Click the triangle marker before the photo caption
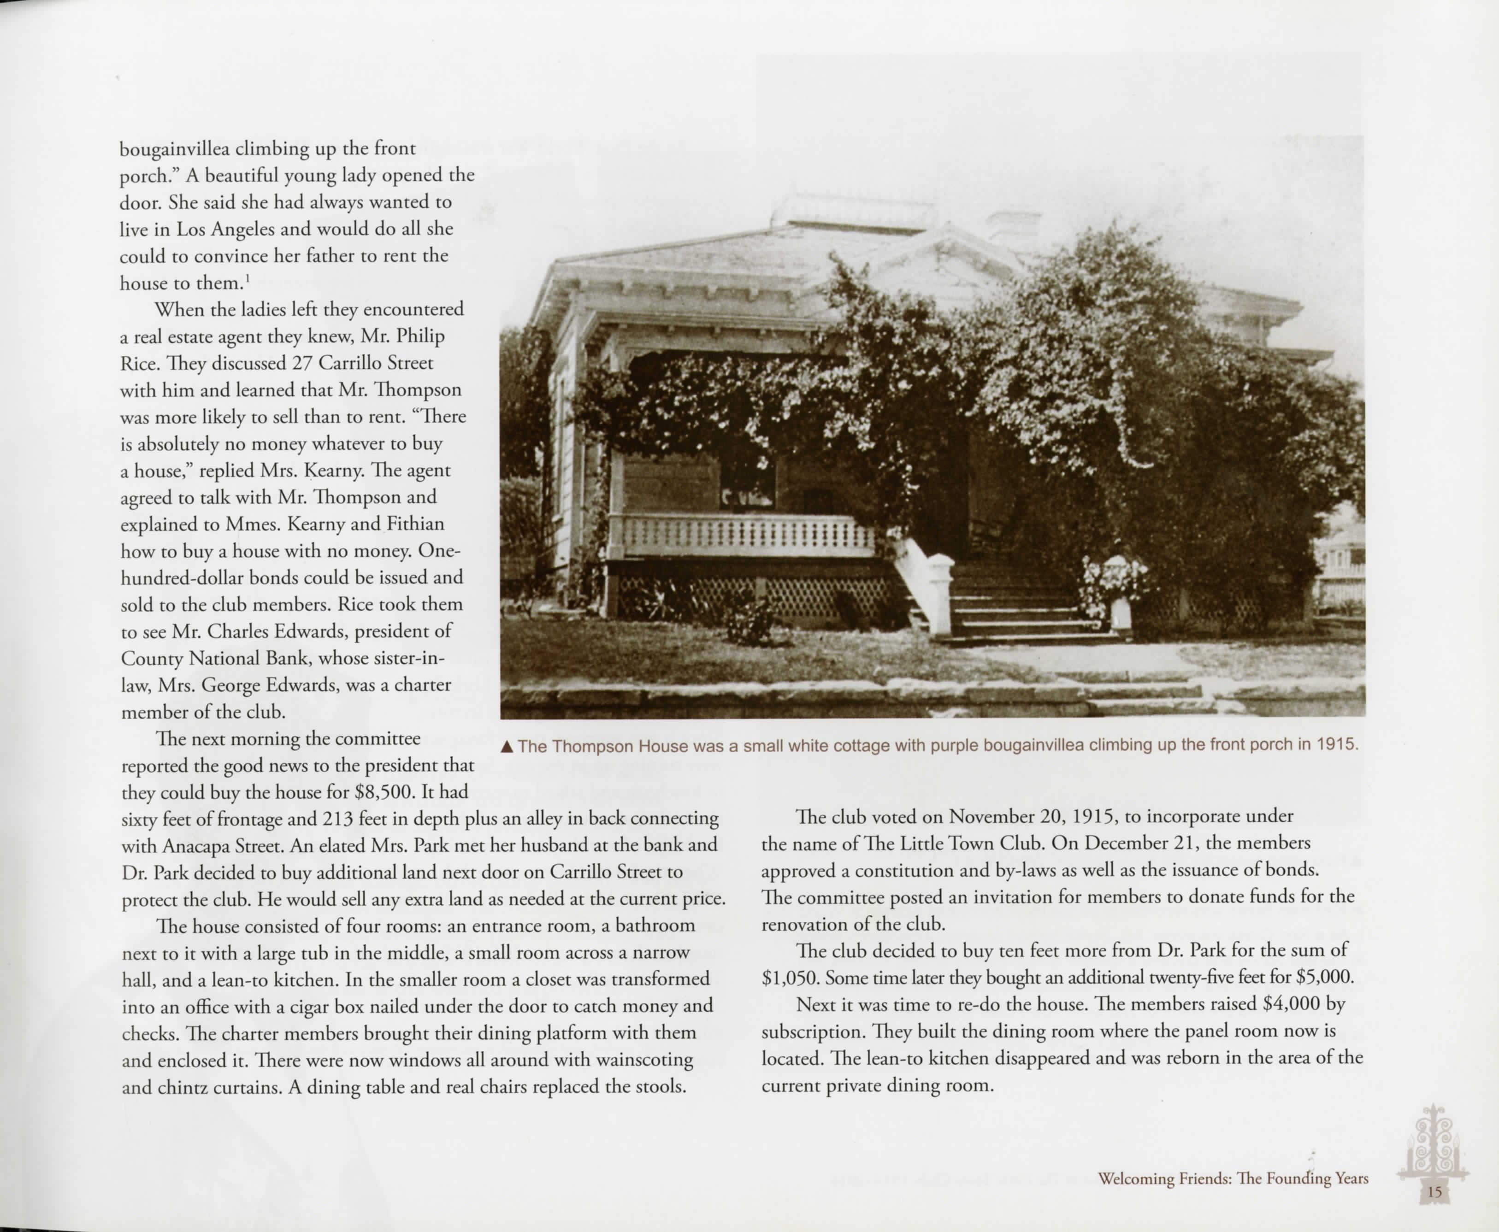(x=506, y=747)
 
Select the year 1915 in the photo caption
(x=1337, y=744)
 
